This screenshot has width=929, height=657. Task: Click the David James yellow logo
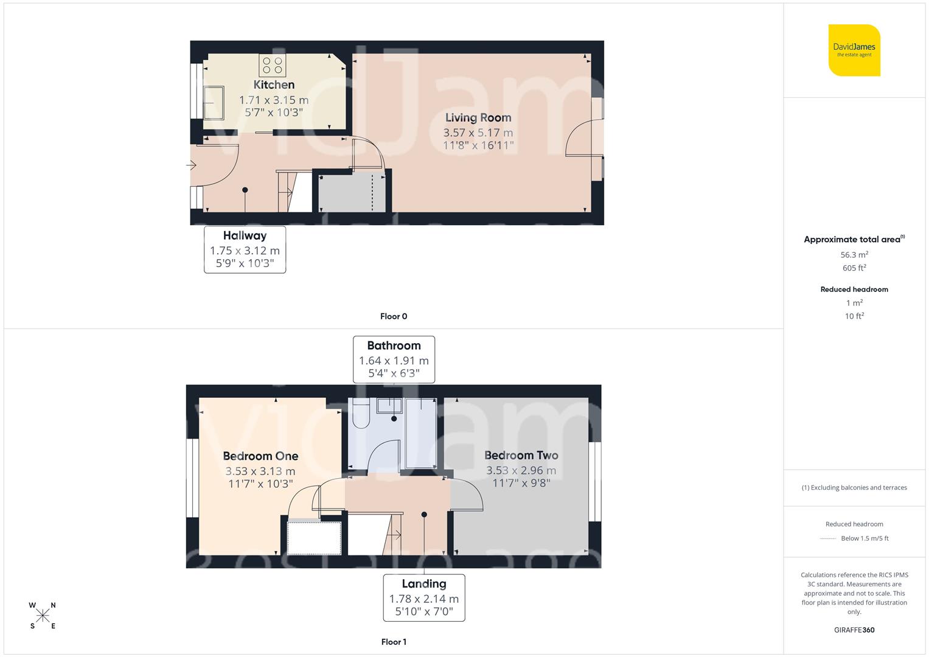(x=854, y=50)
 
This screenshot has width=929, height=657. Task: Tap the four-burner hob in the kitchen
(x=273, y=65)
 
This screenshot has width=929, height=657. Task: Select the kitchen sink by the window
(x=214, y=102)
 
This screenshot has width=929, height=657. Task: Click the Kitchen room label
(x=274, y=85)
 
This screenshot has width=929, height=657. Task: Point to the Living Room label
(x=478, y=118)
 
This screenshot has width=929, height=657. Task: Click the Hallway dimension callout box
(x=245, y=249)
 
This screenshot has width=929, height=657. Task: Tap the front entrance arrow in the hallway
(x=191, y=165)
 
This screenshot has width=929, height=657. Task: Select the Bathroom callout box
(x=394, y=359)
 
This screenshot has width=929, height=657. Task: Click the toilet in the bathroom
(x=361, y=414)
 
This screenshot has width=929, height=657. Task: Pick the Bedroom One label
(x=260, y=456)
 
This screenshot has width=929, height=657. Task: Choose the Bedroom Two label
(x=521, y=456)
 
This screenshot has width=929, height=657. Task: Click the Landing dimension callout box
(x=424, y=597)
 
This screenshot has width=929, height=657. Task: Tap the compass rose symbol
(x=43, y=616)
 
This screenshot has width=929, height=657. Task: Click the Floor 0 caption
(x=394, y=316)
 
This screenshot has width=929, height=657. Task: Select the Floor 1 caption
(x=394, y=642)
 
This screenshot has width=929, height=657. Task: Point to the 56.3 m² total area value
(x=854, y=255)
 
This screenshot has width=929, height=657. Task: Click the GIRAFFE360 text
(x=854, y=630)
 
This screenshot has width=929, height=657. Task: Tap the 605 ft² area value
(x=854, y=268)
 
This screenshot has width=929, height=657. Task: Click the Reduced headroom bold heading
(x=854, y=290)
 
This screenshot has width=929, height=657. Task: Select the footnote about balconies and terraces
(x=854, y=488)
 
